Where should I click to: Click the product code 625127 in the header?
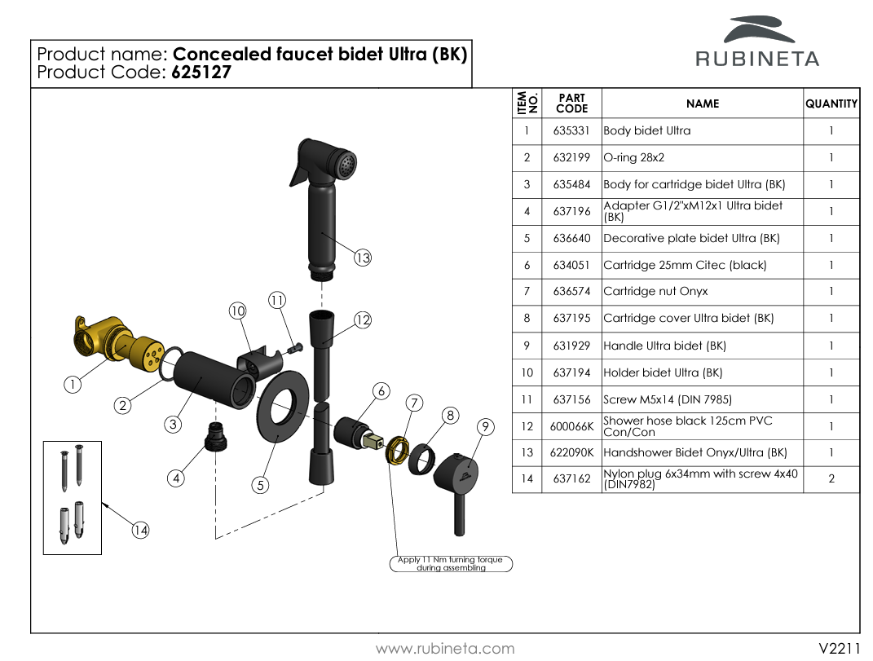click(201, 73)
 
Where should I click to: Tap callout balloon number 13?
click(363, 258)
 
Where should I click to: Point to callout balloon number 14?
click(141, 531)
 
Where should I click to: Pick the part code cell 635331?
click(571, 131)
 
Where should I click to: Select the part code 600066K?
click(571, 426)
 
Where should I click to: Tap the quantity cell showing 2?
click(831, 479)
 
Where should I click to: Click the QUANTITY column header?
click(831, 104)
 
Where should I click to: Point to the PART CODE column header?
click(571, 104)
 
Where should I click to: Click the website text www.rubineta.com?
click(445, 649)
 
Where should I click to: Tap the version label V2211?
click(840, 649)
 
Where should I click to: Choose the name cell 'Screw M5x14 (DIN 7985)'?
click(668, 399)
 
